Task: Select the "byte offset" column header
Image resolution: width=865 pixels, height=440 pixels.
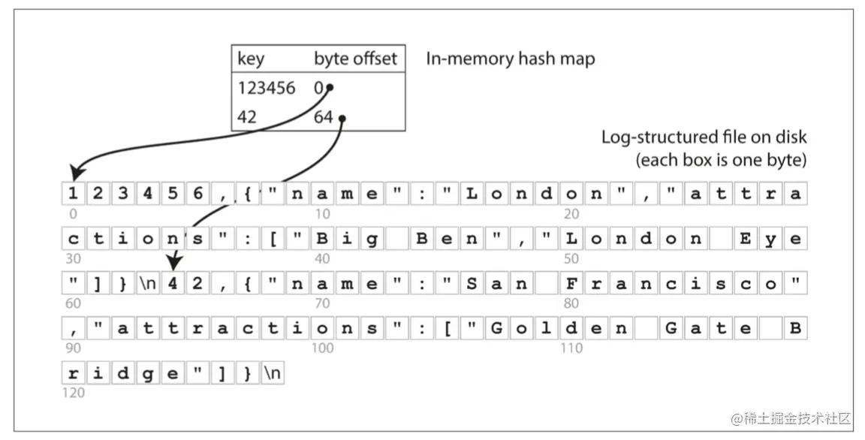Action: (x=355, y=59)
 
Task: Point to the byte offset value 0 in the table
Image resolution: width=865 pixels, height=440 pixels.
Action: (x=318, y=89)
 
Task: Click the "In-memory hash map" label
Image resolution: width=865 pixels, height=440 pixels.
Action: (x=510, y=59)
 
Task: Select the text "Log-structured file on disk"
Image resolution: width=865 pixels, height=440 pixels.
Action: (x=704, y=137)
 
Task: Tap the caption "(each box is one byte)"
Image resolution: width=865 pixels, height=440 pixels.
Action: (x=721, y=160)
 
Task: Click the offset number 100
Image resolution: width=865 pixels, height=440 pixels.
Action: (x=324, y=348)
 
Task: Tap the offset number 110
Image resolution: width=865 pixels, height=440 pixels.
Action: (x=571, y=348)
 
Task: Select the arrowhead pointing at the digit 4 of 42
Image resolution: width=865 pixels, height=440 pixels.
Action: (x=173, y=264)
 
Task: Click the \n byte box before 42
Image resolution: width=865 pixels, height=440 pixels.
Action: (x=147, y=284)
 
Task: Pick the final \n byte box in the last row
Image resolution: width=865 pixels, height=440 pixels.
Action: (x=272, y=373)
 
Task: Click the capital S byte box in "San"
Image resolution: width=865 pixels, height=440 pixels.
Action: (x=472, y=284)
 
